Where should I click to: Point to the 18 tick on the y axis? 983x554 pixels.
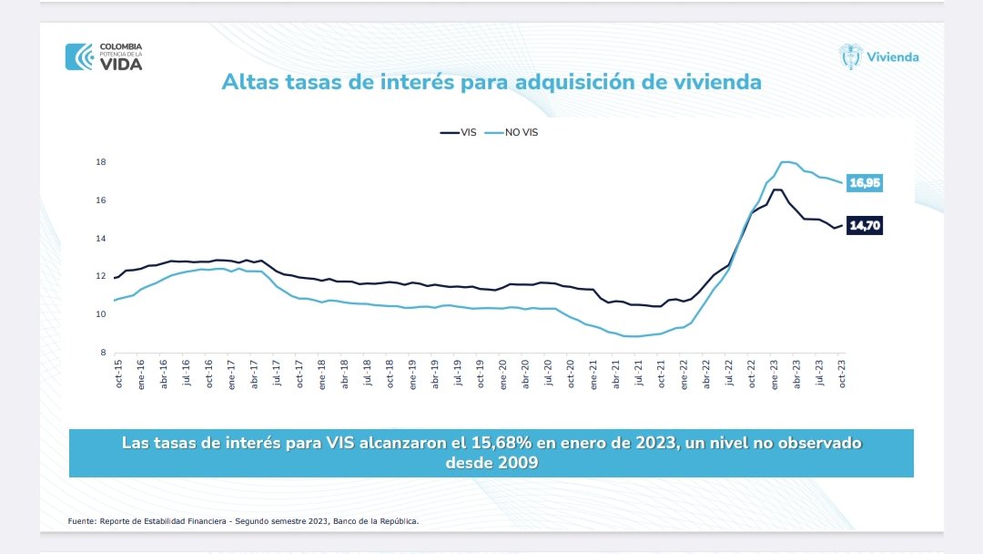click(x=101, y=162)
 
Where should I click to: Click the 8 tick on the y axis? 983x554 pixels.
click(x=103, y=353)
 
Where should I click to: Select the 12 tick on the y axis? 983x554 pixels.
click(x=101, y=277)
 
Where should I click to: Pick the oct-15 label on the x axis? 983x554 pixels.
click(x=119, y=375)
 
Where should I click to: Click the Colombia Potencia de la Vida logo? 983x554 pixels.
click(x=104, y=56)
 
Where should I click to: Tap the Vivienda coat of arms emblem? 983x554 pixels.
click(x=850, y=56)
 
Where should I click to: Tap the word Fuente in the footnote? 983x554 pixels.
click(x=81, y=521)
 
